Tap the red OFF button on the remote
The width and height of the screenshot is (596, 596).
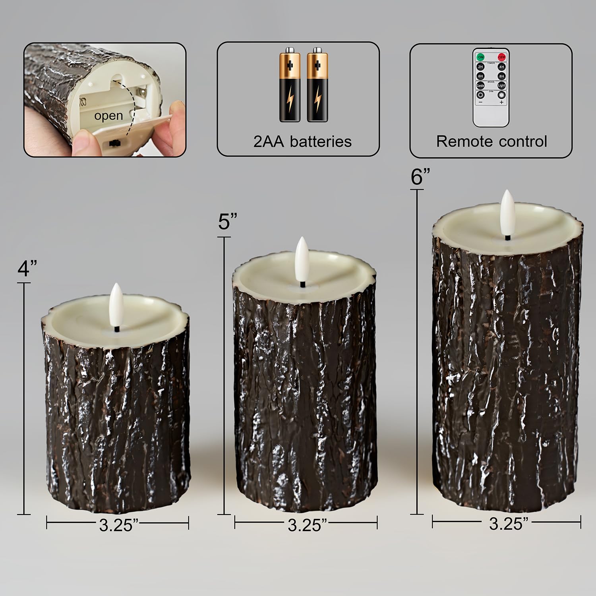pos(501,57)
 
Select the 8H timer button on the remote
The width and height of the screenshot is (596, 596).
pos(501,76)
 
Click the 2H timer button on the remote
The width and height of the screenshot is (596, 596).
pos(480,67)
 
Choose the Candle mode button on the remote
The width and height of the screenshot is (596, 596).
pos(480,85)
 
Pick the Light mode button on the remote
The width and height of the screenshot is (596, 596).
pos(501,85)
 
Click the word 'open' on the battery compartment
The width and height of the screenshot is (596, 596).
pos(108,116)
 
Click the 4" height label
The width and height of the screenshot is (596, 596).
pos(27,268)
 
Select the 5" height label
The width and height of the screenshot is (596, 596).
pos(228,221)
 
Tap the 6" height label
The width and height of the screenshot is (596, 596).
pos(420,176)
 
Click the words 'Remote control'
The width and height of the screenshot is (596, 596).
pos(492,141)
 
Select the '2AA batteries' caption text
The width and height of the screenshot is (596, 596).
pos(302,141)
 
